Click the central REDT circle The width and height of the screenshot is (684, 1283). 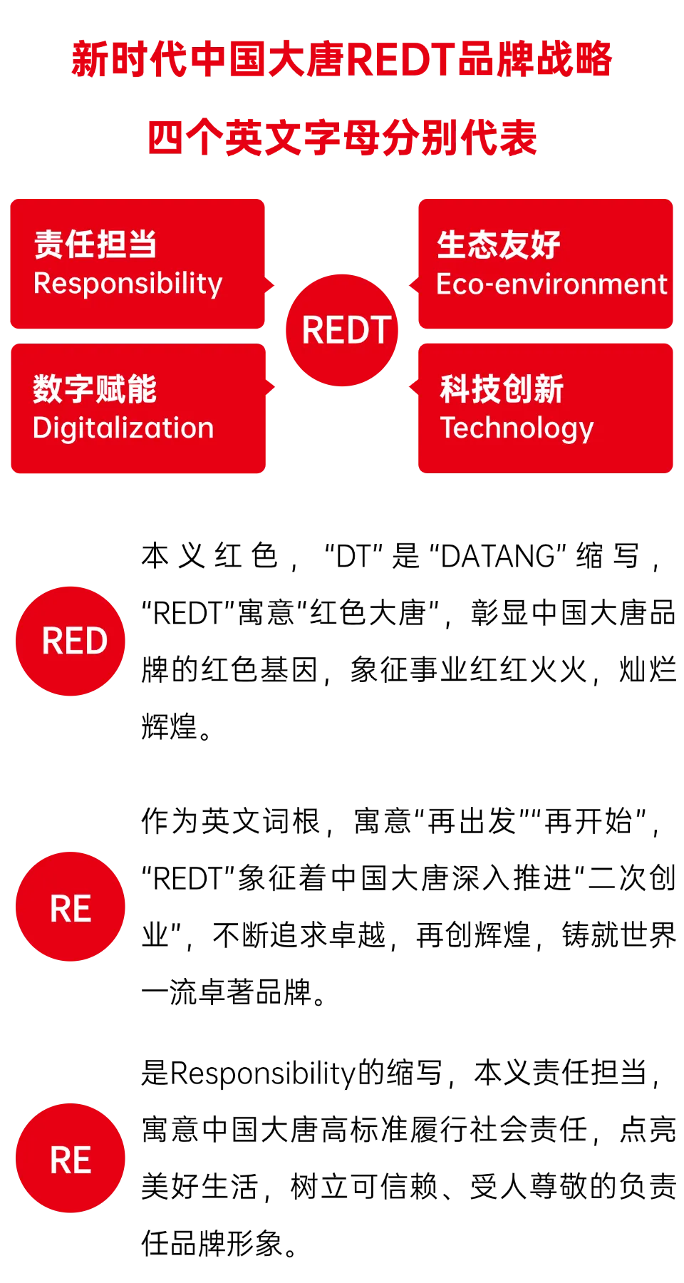coord(342,330)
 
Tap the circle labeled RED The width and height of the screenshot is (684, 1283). coord(71,641)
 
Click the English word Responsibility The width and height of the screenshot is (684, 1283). coord(128,284)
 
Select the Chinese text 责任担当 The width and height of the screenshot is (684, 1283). coord(95,244)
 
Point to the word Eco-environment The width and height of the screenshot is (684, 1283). coord(551,284)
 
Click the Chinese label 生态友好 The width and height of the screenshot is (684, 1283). coord(499,245)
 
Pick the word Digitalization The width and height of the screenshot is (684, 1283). coord(123,428)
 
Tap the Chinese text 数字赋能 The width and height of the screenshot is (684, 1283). coord(95,389)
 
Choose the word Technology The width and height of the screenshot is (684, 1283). coord(517,428)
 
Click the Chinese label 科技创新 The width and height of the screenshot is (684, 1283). coord(502,389)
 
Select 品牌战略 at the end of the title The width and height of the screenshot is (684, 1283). coord(534,59)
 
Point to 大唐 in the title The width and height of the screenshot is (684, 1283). coord(308,59)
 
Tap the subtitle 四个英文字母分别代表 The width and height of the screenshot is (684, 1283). coord(342,138)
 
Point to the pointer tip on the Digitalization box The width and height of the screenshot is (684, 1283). coord(276,386)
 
